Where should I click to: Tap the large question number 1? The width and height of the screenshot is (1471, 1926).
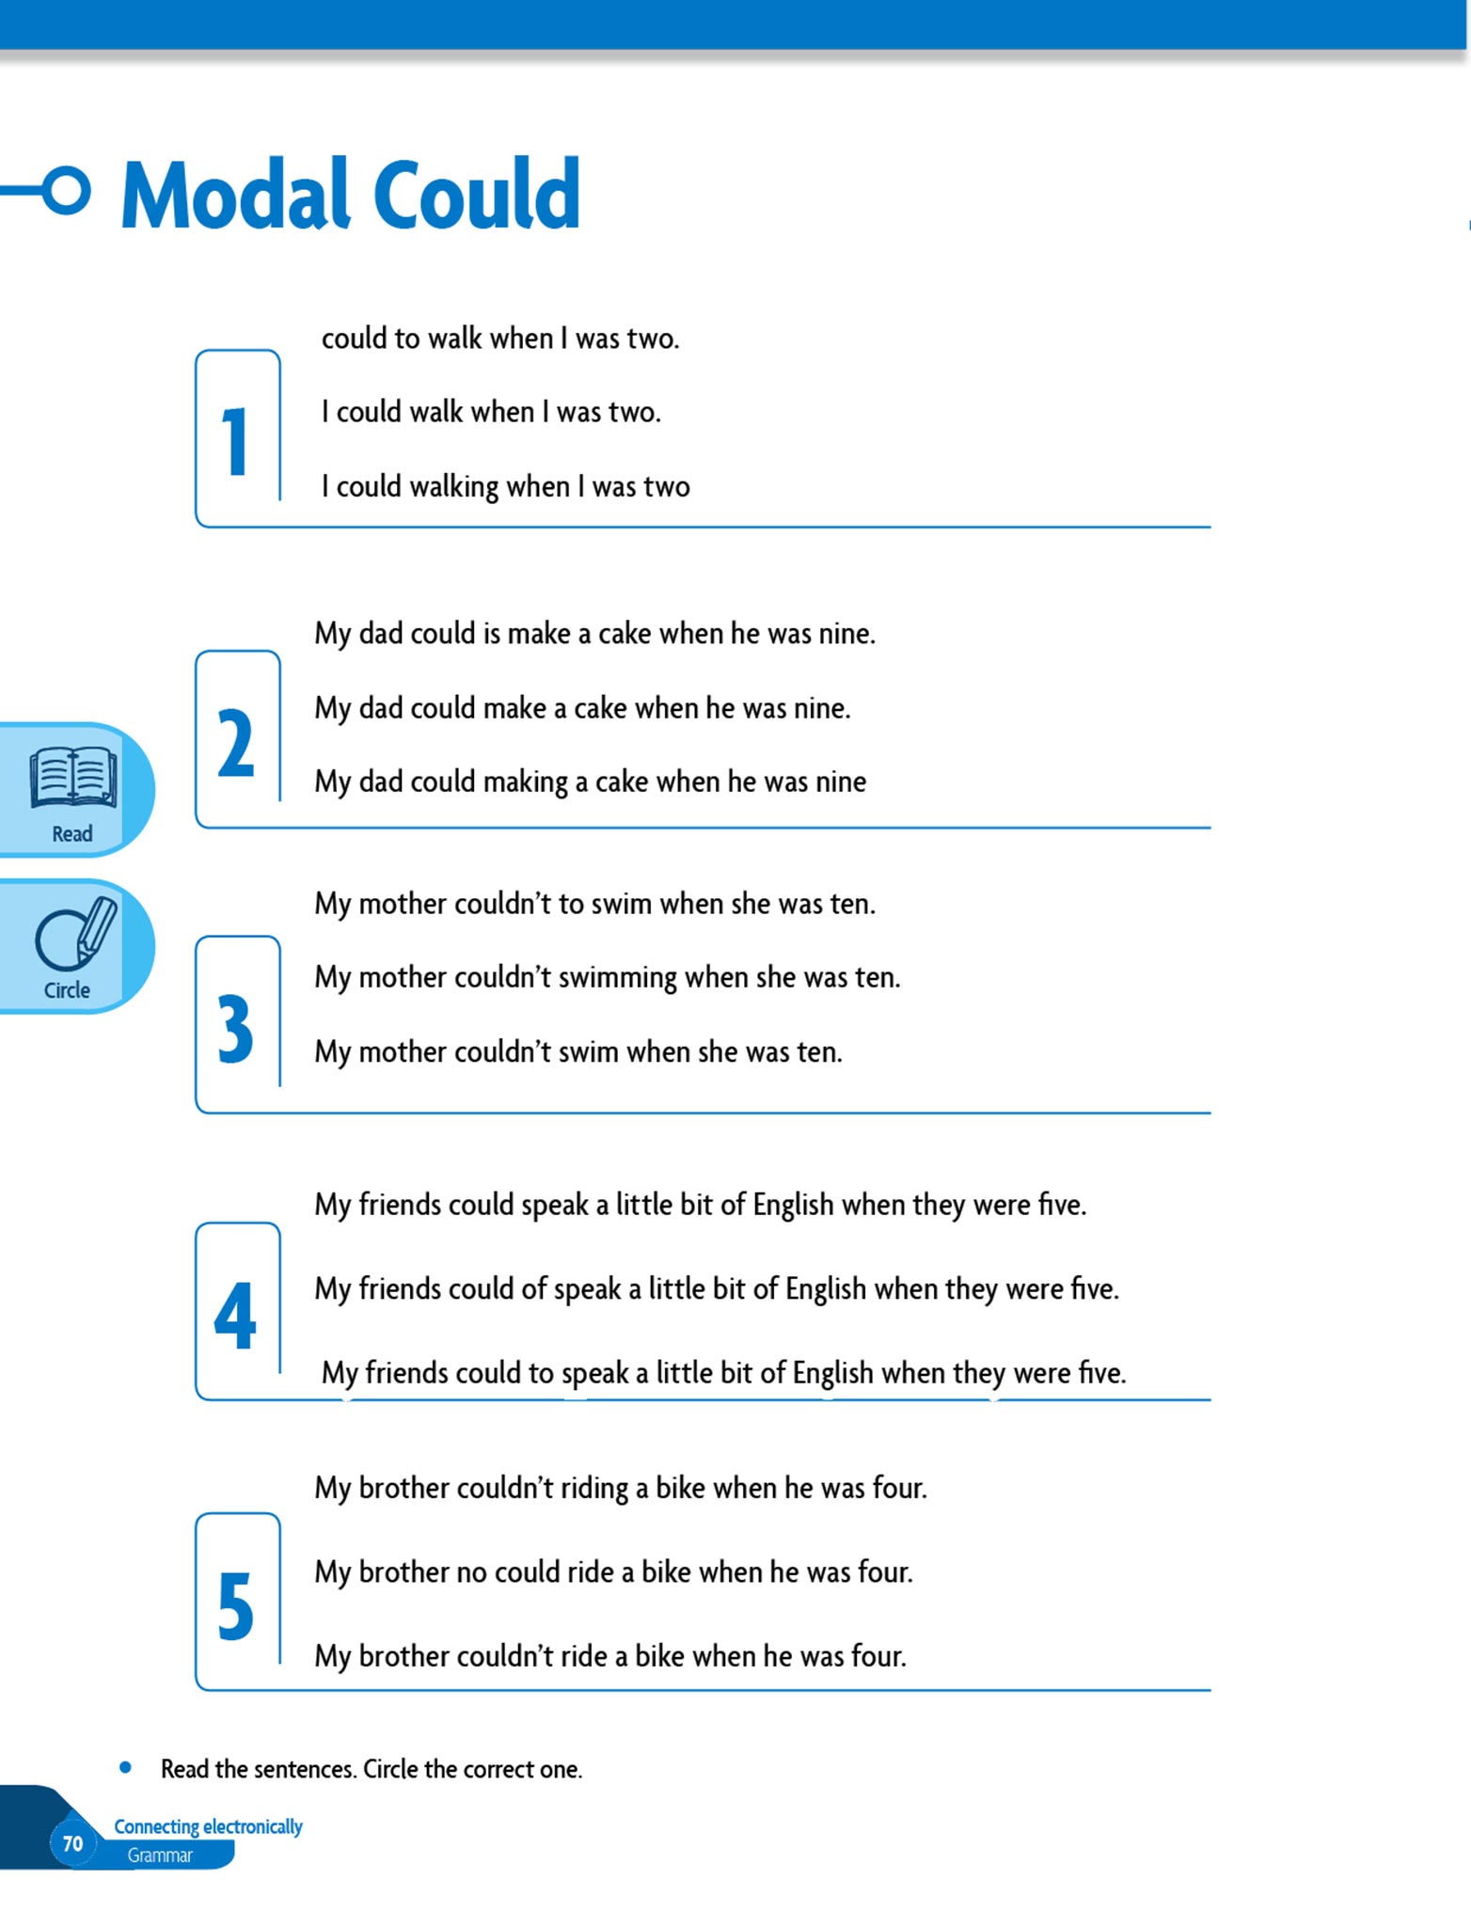coord(234,441)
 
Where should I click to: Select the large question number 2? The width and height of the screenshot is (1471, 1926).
coord(235,743)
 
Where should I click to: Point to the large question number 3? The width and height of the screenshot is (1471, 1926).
coord(235,1029)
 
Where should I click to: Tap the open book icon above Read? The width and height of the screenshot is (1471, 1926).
coord(73,778)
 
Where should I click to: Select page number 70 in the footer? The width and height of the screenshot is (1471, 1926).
coord(72,1844)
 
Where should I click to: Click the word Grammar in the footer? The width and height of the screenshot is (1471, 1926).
coord(160,1855)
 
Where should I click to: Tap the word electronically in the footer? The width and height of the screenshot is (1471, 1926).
coord(253,1826)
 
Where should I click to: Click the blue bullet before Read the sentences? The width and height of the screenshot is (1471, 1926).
coord(125,1768)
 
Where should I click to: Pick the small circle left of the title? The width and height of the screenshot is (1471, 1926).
coord(67,191)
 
